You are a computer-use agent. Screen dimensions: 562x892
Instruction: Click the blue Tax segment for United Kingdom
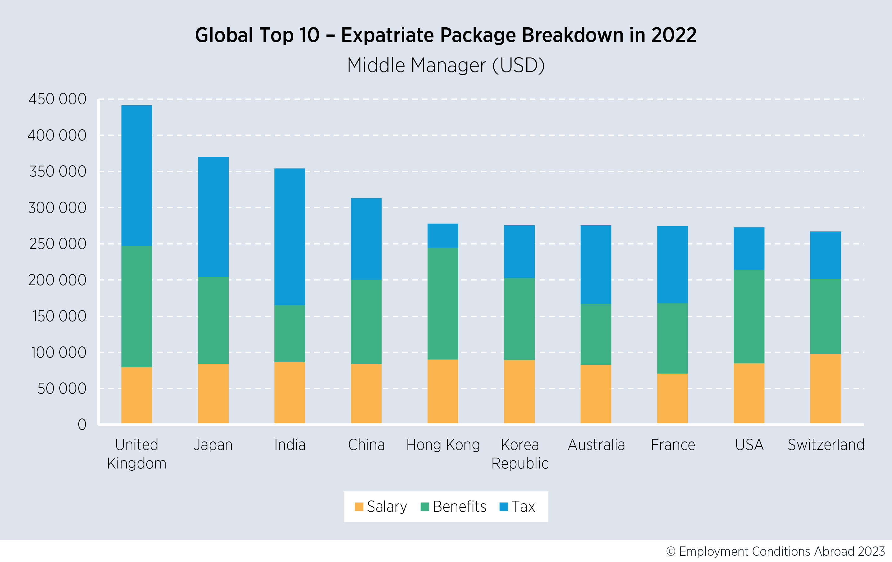(x=137, y=175)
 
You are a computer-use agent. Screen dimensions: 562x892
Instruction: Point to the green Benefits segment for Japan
(x=213, y=320)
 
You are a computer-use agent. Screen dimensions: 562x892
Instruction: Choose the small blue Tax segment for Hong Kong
(x=443, y=235)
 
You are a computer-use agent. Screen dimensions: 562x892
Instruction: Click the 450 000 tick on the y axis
(x=57, y=99)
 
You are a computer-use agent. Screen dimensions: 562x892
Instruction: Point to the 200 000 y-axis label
(x=57, y=280)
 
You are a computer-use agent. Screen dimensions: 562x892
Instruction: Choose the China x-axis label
(x=366, y=445)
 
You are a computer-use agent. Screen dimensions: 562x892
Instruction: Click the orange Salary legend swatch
(x=359, y=506)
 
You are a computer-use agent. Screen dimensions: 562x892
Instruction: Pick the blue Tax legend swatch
(x=503, y=506)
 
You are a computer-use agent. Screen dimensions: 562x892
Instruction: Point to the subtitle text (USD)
(x=518, y=65)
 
